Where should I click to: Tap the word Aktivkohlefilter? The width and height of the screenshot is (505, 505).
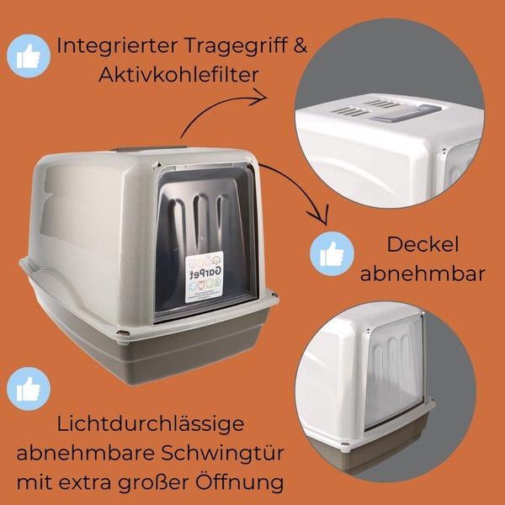click(x=178, y=74)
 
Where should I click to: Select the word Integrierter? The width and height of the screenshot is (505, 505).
click(x=118, y=45)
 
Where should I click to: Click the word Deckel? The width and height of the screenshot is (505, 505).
click(x=423, y=244)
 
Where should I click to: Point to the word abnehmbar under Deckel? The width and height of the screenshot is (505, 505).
click(x=423, y=274)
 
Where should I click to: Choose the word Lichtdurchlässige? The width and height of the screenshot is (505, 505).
click(x=151, y=424)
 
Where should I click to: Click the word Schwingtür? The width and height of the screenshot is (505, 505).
click(x=222, y=454)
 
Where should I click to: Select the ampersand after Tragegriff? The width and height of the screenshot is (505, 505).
click(x=300, y=45)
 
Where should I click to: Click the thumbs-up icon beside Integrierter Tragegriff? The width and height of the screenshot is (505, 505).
click(x=29, y=56)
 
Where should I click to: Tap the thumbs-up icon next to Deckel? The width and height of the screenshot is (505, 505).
click(x=332, y=253)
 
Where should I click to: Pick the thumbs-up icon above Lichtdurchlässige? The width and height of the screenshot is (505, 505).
click(x=29, y=389)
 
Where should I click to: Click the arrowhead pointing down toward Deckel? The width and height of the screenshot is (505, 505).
click(x=319, y=215)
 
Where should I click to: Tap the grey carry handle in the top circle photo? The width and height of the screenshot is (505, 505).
click(x=407, y=113)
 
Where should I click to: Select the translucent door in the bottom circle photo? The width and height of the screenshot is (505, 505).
click(x=395, y=371)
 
